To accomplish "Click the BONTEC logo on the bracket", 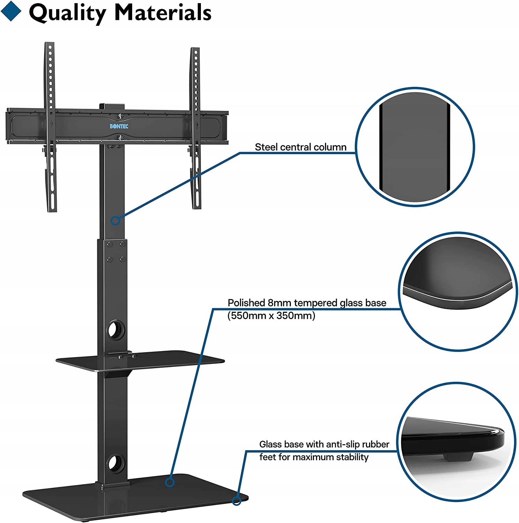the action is point(119,126).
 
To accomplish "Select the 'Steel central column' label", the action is point(300,147).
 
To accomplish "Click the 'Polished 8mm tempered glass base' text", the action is point(307,303).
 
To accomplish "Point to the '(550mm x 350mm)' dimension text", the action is point(271,316).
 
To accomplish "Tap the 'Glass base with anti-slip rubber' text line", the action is point(324,444).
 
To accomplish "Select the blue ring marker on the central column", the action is point(115,220).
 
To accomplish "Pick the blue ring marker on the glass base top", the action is point(170,482).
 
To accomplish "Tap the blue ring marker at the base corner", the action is point(237,501).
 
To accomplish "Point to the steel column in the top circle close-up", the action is point(414,146).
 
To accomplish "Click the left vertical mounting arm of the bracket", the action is point(51,126).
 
